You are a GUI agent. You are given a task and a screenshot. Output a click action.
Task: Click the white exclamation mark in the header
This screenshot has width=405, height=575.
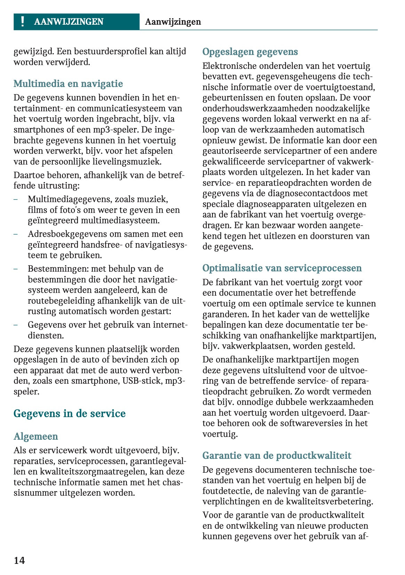23,22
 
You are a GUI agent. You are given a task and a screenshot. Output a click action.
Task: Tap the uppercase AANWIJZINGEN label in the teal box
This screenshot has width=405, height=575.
68,22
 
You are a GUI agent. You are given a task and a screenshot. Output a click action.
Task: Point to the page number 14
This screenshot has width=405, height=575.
19,560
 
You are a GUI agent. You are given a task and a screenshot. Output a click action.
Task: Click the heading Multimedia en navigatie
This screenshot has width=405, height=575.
68,84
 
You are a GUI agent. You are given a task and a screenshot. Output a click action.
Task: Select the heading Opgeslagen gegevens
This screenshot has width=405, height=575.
250,52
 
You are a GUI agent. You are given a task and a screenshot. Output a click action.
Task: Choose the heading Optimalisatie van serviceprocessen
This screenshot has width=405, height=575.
282,268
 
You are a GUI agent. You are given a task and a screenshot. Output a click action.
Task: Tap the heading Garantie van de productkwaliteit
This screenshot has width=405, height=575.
277,456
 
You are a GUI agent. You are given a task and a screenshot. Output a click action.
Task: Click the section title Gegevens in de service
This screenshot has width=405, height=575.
70,414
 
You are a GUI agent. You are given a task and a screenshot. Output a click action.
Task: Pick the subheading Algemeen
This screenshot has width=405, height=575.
36,437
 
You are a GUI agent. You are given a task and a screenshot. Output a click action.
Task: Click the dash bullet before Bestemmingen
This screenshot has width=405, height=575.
16,269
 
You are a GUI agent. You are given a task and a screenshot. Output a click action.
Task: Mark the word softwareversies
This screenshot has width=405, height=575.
313,423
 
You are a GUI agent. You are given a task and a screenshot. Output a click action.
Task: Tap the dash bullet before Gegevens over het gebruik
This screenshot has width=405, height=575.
16,325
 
